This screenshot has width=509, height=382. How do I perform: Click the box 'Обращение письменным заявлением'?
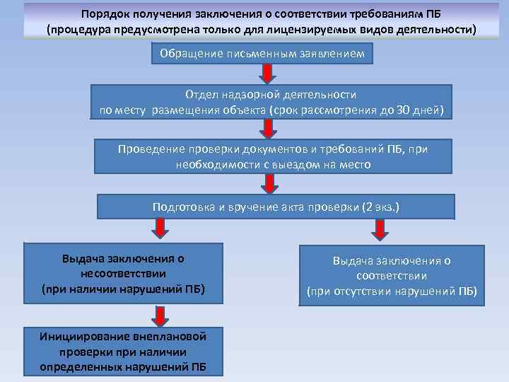[262, 54]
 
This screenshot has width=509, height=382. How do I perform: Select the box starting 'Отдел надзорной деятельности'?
[271, 103]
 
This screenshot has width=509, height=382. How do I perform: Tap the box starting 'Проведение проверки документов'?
[272, 156]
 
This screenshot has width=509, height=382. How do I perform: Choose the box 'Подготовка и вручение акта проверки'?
[276, 207]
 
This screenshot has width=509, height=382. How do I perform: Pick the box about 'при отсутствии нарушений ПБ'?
[392, 276]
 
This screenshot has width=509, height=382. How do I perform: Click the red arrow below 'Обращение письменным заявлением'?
[268, 74]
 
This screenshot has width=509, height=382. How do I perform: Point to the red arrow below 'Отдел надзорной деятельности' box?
[268, 128]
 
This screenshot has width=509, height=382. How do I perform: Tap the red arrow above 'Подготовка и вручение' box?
[268, 184]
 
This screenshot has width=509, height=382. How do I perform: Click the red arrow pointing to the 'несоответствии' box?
[160, 228]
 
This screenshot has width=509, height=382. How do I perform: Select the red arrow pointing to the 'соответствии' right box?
[380, 229]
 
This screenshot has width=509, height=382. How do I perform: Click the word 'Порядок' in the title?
[103, 13]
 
